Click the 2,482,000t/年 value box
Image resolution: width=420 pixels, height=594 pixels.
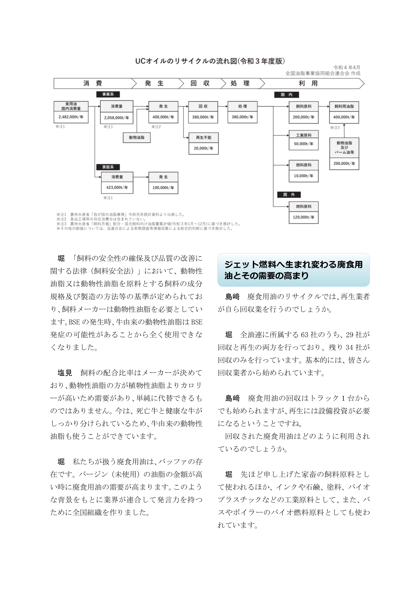[71, 117]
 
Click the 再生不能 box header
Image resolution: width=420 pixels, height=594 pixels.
[203, 138]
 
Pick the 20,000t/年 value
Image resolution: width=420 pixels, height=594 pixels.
[203, 148]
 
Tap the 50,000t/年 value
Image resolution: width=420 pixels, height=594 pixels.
[304, 144]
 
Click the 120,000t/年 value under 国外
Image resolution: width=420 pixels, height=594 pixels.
[304, 217]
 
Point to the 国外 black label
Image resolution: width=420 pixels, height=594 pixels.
[289, 195]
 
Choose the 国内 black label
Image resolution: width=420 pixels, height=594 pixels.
[286, 95]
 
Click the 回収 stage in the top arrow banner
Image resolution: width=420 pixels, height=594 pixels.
[200, 83]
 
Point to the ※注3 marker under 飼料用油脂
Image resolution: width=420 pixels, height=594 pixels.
[335, 128]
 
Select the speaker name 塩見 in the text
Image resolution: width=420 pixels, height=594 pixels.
[65, 373]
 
